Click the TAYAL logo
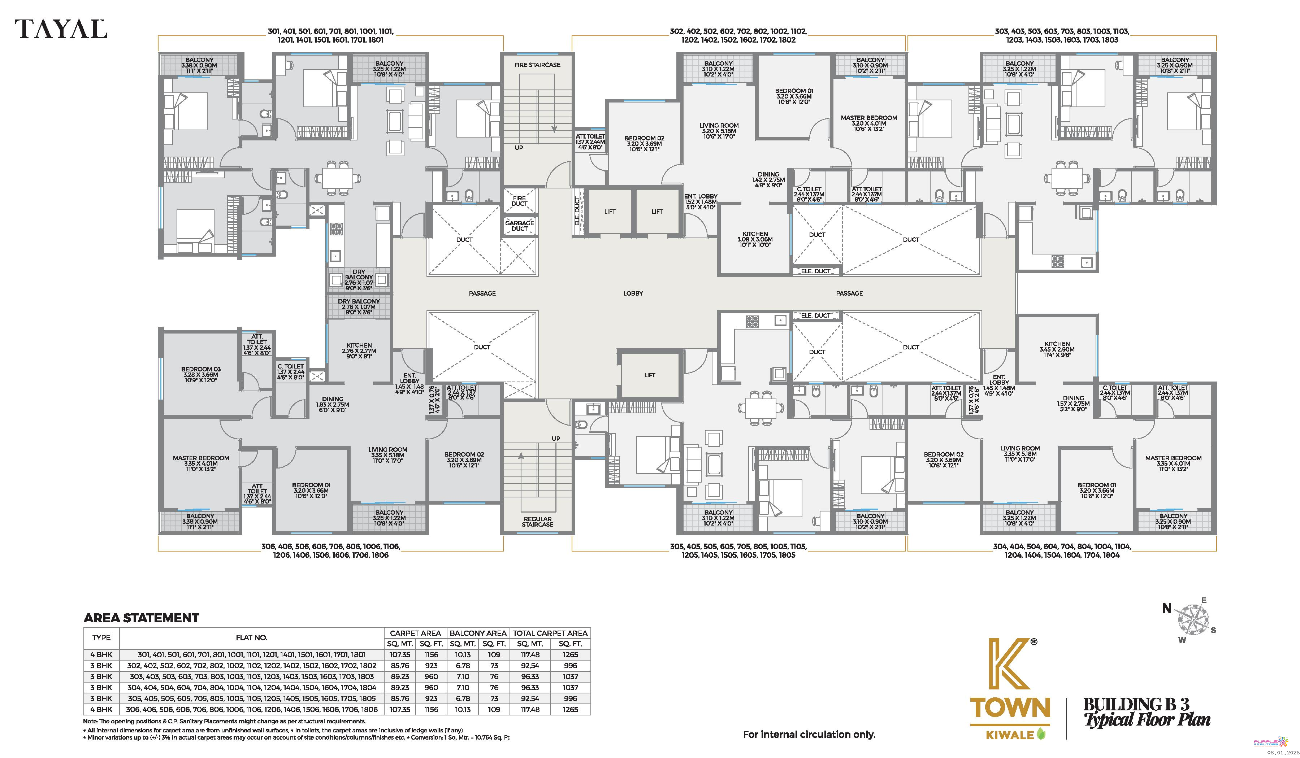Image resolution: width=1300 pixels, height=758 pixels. [x=61, y=29]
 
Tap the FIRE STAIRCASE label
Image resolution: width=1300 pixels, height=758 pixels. [x=537, y=65]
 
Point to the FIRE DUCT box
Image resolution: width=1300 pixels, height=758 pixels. [x=520, y=201]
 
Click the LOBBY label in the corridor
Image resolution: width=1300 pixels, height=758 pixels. [x=633, y=293]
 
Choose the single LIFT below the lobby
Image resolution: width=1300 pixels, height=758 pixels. [x=650, y=375]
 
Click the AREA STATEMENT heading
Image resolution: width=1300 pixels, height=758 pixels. [x=141, y=618]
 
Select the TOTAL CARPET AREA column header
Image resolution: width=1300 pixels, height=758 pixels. [x=550, y=633]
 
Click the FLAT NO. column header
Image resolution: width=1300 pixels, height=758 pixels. [x=252, y=638]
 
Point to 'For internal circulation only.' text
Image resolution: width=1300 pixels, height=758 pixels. [x=809, y=734]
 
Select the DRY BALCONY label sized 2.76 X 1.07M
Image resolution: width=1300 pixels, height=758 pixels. [x=359, y=307]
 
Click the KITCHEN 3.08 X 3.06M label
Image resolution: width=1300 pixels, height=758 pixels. [x=755, y=239]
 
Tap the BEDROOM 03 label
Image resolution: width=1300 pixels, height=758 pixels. [x=201, y=375]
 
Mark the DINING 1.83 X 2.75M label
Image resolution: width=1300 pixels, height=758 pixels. [x=332, y=404]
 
